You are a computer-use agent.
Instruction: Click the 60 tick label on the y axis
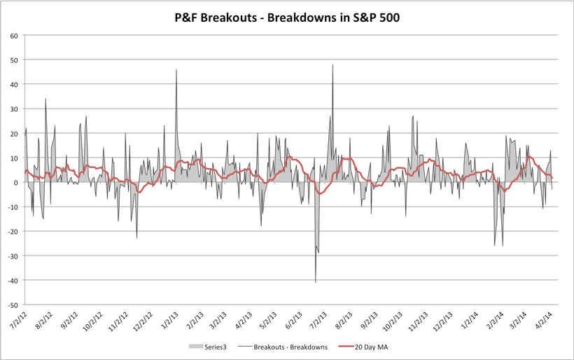coord(13,35)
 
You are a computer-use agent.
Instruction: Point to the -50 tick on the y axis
coord(12,305)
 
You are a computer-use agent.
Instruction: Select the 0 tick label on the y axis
coord(15,182)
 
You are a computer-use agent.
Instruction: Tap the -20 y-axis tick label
coord(12,232)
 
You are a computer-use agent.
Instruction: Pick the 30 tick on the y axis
coord(13,109)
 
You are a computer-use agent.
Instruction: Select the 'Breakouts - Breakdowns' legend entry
coord(287,347)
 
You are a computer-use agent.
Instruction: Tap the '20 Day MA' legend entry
coord(372,347)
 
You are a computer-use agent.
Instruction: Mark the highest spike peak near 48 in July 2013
coord(332,64)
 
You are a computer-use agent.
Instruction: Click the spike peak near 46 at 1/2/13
coord(176,69)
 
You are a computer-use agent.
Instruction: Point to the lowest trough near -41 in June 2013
coord(316,282)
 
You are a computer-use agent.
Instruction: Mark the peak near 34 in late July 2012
coord(45,98)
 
